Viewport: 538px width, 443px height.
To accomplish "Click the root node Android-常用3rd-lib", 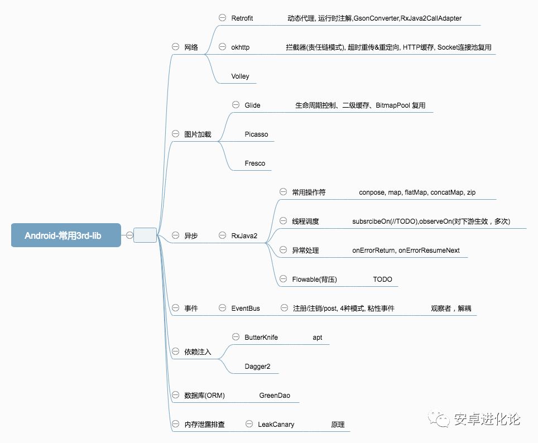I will tap(66, 235).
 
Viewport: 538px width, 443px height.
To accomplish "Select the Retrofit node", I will tap(242, 18).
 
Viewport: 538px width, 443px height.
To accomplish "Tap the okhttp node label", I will tap(240, 47).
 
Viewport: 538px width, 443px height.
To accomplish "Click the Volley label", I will tap(240, 76).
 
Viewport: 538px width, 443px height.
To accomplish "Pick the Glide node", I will tap(252, 105).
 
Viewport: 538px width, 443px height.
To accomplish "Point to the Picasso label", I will tap(256, 134).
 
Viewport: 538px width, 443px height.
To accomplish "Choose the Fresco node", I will tap(254, 163).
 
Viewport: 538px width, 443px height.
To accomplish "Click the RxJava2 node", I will tap(244, 236).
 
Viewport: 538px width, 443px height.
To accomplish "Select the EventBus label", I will tap(246, 309).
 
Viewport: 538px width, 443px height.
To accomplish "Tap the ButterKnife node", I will tap(261, 338).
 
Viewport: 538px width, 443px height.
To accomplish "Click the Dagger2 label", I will tap(257, 367).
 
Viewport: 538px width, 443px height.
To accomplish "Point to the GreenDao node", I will tap(275, 396).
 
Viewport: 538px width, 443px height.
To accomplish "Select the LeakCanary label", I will tap(276, 425).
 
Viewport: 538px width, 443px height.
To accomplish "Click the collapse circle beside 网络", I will tap(175, 47).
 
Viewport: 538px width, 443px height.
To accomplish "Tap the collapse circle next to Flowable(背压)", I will tap(282, 279).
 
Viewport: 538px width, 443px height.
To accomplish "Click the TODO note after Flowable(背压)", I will tap(382, 280).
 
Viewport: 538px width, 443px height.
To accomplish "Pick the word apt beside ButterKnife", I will tap(317, 338).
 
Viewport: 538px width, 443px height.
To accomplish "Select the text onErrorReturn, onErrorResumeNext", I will tap(406, 251).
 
